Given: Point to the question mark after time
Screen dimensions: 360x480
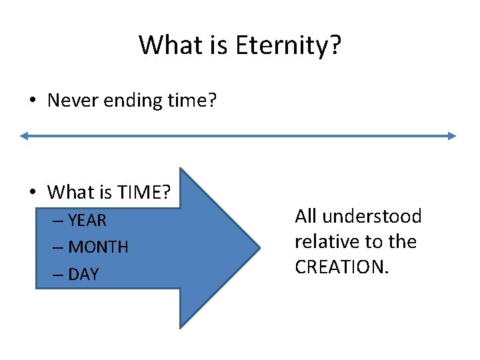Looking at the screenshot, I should click(212, 101).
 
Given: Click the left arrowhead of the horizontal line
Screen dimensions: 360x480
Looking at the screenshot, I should click(23, 136).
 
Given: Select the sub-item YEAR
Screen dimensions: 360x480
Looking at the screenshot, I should click(87, 220).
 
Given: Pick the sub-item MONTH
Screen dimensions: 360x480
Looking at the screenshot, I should click(99, 247).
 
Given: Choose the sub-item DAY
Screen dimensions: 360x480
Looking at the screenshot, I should click(83, 274).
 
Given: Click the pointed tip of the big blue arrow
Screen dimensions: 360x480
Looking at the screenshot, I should click(259, 247).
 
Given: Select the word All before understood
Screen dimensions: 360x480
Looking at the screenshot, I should click(305, 217).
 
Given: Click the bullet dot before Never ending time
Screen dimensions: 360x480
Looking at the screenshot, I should click(33, 101).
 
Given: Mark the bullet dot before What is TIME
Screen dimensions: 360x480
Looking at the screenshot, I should click(33, 193).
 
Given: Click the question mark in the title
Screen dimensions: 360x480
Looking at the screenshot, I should click(333, 45).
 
